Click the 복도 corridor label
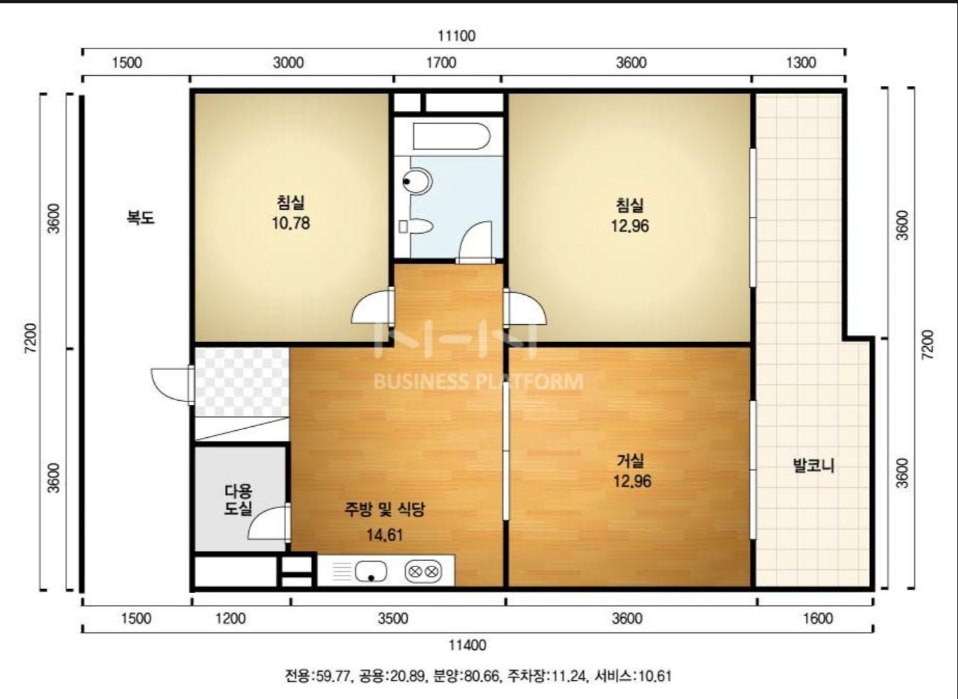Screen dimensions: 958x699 (x=140, y=218)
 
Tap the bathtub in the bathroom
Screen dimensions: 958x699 (x=451, y=136)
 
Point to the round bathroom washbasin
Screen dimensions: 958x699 (x=416, y=181)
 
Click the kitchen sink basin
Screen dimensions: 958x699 (x=371, y=571)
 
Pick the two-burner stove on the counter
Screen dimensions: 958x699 (x=423, y=571)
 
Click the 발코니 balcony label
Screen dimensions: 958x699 (x=814, y=465)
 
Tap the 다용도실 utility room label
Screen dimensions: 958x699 (x=239, y=499)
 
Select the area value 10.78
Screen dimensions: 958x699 (x=291, y=223)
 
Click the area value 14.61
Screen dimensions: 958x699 (x=385, y=535)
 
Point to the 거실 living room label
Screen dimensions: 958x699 (x=631, y=461)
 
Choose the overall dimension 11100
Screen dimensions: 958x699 (x=456, y=35)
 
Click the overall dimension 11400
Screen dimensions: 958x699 (x=467, y=644)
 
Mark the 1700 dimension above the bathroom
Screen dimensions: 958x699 (x=441, y=63)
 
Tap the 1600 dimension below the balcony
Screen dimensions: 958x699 (x=818, y=618)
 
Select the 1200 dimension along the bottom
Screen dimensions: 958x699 (x=230, y=618)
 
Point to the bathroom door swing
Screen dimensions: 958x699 (x=475, y=240)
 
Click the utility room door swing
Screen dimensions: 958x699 (x=267, y=522)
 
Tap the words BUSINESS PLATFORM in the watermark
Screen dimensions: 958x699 (x=478, y=381)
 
